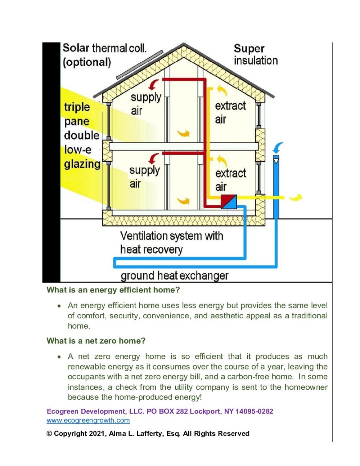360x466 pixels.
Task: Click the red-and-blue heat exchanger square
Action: [x=229, y=202]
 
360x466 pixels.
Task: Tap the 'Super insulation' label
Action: [x=256, y=54]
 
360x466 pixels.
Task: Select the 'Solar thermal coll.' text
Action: [x=104, y=48]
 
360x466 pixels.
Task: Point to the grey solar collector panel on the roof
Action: [x=139, y=65]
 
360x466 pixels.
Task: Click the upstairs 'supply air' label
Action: [x=146, y=104]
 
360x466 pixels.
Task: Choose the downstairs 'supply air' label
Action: [x=144, y=177]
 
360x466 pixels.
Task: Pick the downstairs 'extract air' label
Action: [x=230, y=180]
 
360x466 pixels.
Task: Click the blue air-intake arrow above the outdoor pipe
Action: [x=278, y=147]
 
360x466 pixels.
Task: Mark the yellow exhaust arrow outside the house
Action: [x=296, y=197]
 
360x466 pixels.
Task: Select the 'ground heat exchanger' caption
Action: [x=174, y=276]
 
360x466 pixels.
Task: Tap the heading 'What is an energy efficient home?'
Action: [x=113, y=290]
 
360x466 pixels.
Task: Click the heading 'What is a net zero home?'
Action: [x=96, y=341]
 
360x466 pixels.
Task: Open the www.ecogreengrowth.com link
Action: [x=88, y=420]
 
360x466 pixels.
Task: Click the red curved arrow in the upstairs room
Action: [x=154, y=85]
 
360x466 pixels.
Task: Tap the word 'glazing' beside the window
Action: [x=82, y=164]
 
